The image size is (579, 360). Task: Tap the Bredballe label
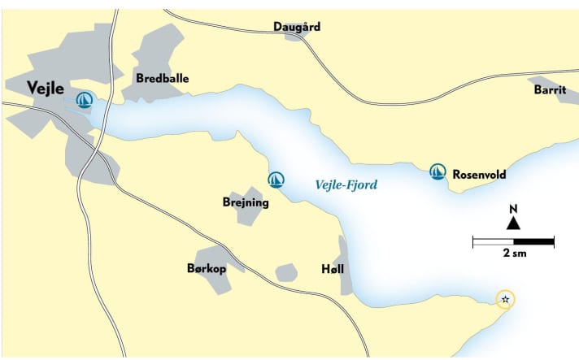click(163, 79)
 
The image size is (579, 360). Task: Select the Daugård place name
click(297, 27)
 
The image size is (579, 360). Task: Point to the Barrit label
click(550, 90)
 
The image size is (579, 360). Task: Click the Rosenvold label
click(480, 172)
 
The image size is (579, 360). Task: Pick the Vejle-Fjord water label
click(346, 185)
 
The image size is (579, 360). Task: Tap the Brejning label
click(245, 202)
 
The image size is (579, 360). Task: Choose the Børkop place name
click(206, 268)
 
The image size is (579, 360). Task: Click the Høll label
click(334, 268)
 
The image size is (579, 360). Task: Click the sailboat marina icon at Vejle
click(84, 100)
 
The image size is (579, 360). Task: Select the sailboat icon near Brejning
click(276, 179)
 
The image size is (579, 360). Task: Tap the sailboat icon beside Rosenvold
click(438, 171)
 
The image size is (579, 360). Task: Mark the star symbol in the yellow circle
click(505, 300)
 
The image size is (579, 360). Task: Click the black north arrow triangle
click(513, 223)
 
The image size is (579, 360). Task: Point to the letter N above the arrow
click(513, 209)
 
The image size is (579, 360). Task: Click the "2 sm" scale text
click(513, 254)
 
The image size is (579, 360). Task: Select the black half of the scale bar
click(533, 241)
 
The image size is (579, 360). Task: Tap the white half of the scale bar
click(493, 241)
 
